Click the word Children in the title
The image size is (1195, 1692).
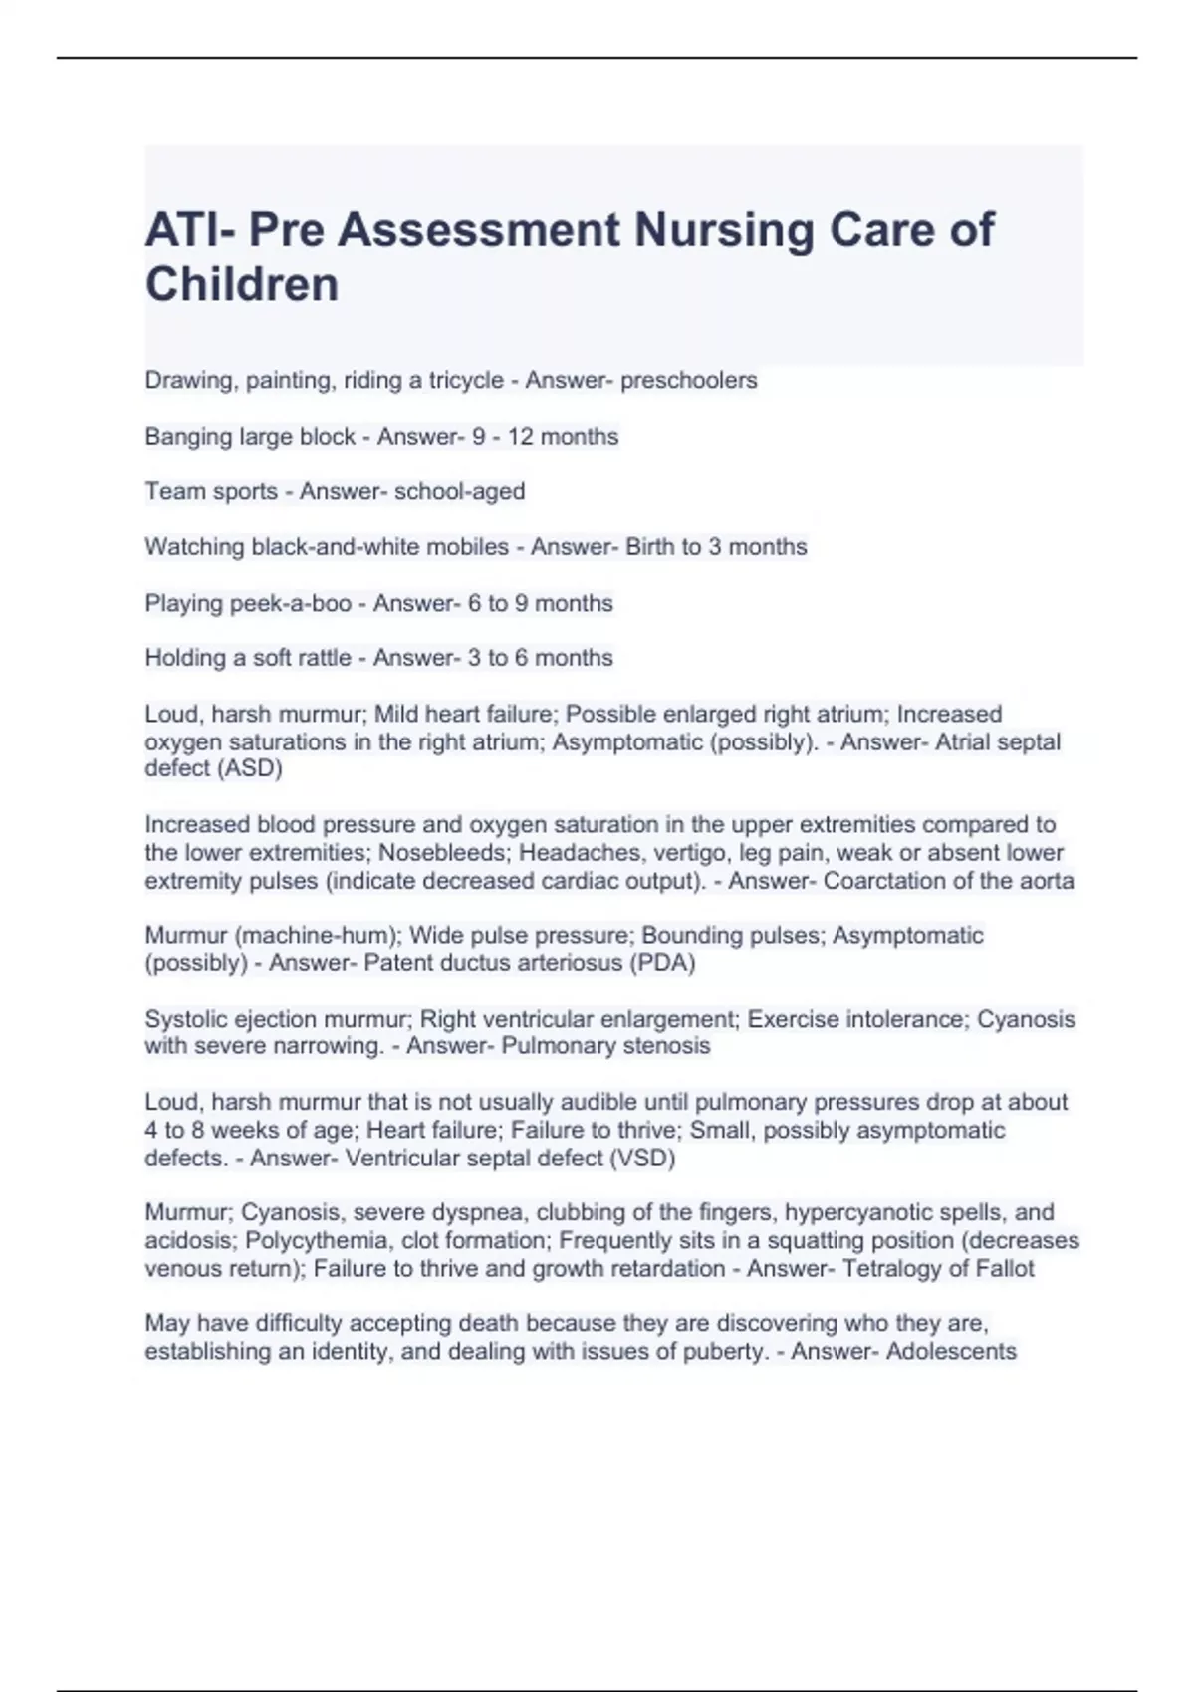coord(242,284)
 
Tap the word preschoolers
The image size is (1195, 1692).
coord(688,380)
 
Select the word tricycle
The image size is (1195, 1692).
coord(466,380)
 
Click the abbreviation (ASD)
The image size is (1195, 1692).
coord(249,768)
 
